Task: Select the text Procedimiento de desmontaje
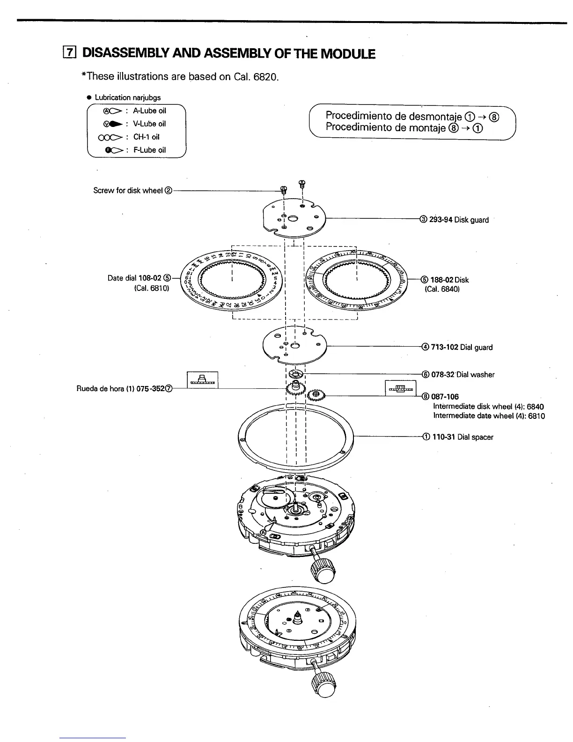tap(394, 116)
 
